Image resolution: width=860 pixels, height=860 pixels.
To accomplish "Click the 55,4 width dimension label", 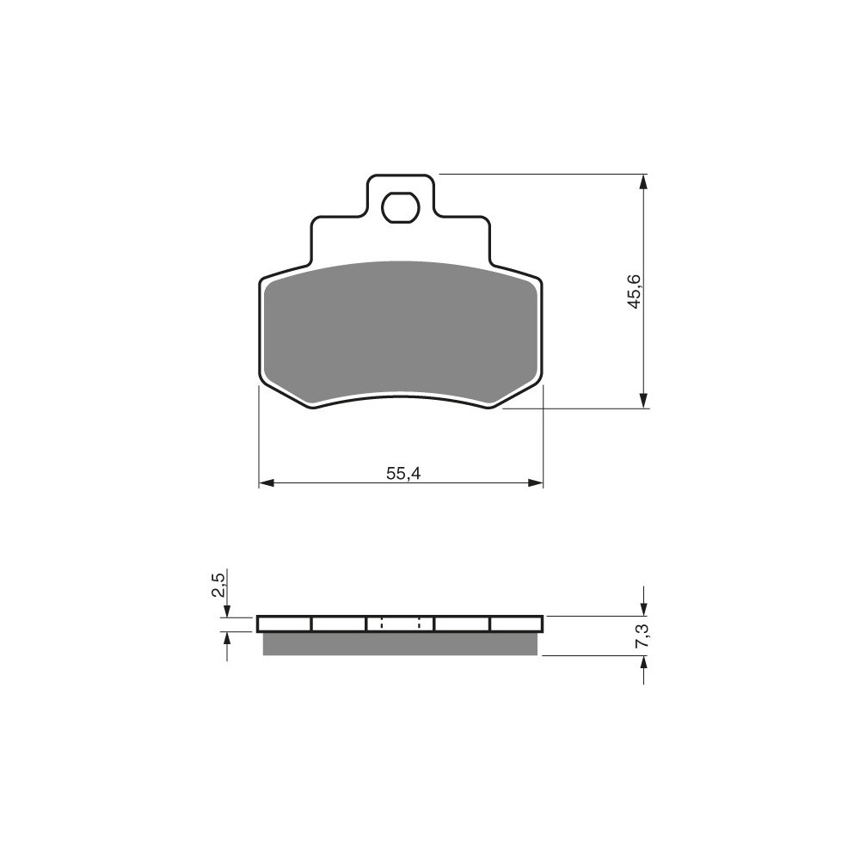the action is pos(403,473).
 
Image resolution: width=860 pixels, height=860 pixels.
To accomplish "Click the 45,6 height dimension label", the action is pos(635,291).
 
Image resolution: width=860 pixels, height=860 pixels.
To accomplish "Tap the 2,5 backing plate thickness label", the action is pos(218,584).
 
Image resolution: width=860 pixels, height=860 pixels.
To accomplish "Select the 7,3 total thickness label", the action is pos(642,636).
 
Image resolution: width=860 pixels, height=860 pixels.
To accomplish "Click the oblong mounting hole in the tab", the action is pos(401,207).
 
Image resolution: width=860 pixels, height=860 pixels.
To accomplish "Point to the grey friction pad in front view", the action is pos(401,333).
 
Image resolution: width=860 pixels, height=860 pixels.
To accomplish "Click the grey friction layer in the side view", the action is pos(401,644).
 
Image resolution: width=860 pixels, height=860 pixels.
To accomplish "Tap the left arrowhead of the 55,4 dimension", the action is pos(266,482).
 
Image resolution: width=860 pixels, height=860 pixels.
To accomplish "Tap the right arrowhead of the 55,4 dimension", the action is pos(535,482).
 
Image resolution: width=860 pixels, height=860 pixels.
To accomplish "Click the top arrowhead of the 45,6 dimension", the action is pos(643,182).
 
